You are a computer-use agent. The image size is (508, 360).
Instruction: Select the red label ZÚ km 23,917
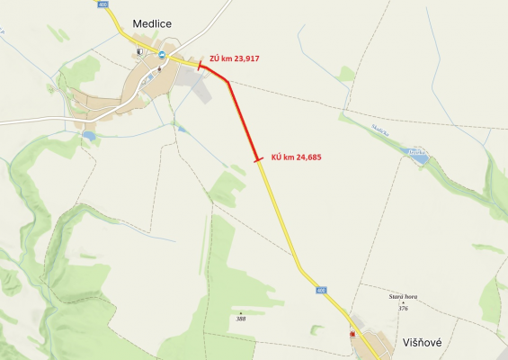point(236,58)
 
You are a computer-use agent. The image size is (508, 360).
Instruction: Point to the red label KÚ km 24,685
point(296,157)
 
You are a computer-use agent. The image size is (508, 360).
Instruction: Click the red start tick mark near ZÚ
point(200,64)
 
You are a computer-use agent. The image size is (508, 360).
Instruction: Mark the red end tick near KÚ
point(258,160)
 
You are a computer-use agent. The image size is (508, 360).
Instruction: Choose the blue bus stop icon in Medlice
point(162,54)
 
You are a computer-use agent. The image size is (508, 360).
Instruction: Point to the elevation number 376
point(403,308)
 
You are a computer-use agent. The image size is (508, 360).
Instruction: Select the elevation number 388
point(240,318)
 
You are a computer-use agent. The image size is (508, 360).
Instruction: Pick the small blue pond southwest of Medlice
point(88,136)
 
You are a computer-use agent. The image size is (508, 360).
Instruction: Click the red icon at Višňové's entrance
point(352,334)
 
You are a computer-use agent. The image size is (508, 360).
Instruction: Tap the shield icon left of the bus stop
point(139,53)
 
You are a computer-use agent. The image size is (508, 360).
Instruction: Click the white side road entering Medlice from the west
point(36,119)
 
